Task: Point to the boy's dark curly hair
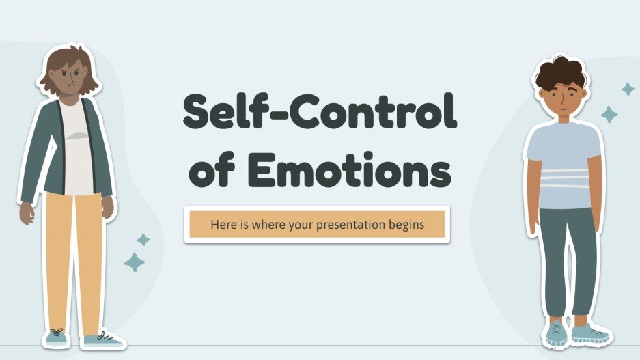(x=560, y=72)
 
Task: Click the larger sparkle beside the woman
(x=134, y=262)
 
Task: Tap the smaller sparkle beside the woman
(x=143, y=239)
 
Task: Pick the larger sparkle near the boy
(x=609, y=114)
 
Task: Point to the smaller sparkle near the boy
(x=628, y=89)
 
